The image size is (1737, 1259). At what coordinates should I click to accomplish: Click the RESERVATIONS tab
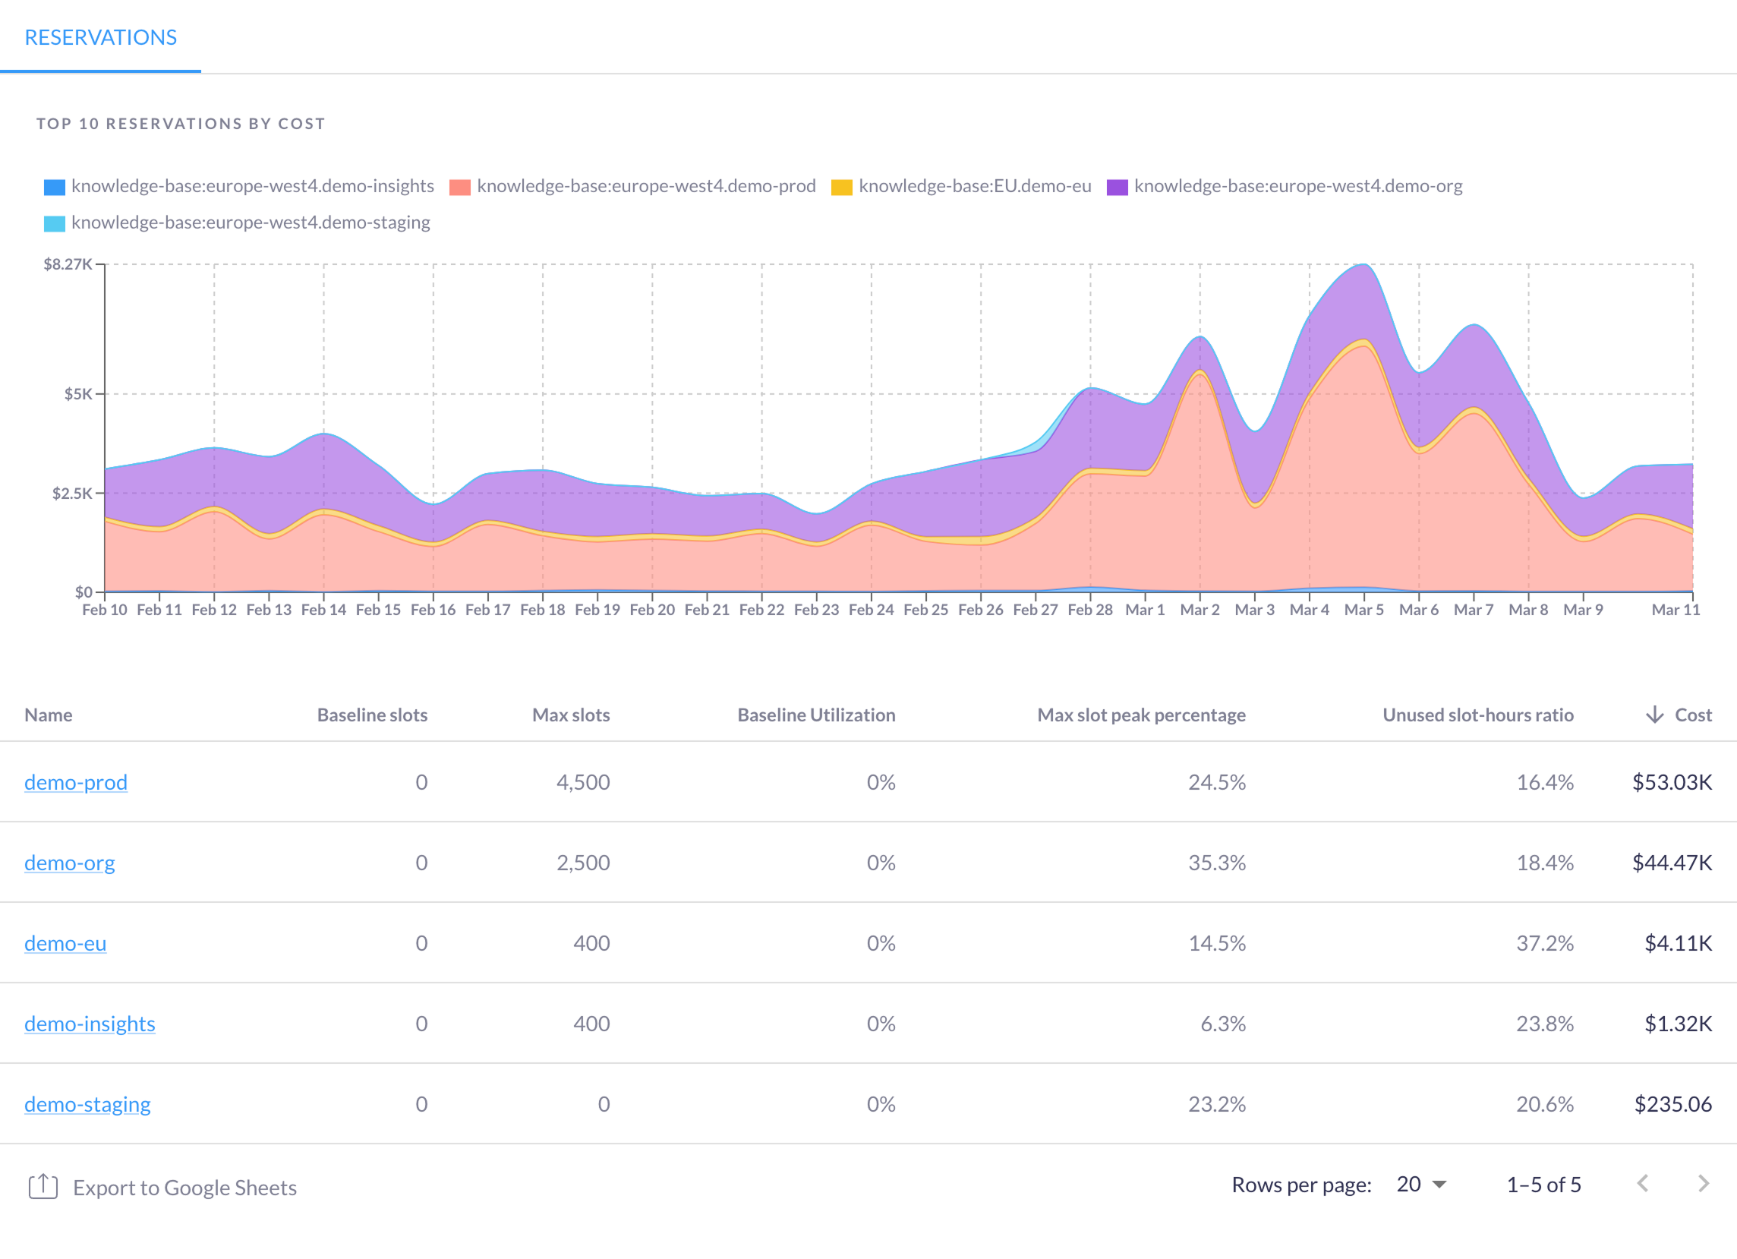[x=100, y=37]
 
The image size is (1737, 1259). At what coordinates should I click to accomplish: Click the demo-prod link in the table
[x=76, y=782]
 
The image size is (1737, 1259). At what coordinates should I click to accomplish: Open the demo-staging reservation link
[x=87, y=1103]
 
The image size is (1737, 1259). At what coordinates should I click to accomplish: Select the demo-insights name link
[x=90, y=1023]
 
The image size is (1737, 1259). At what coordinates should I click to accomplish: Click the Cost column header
[x=1691, y=715]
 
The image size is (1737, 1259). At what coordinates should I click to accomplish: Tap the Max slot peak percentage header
[x=1140, y=715]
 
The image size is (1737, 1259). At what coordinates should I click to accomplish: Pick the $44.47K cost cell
[x=1671, y=863]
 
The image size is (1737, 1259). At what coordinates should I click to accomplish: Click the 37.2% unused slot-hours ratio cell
[x=1544, y=942]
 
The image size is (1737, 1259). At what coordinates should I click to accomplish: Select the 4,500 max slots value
[x=583, y=782]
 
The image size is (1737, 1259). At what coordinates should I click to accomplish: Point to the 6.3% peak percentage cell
[x=1222, y=1023]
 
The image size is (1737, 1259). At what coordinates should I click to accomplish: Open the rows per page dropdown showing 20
[x=1420, y=1184]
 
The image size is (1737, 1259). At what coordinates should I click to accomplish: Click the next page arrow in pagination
[x=1703, y=1184]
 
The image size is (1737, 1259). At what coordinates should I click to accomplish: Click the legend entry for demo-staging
[x=250, y=222]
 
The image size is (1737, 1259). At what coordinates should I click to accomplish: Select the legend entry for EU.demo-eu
[x=974, y=186]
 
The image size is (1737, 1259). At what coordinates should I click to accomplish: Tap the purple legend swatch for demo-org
[x=1117, y=187]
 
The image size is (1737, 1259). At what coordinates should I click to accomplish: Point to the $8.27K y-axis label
[x=68, y=264]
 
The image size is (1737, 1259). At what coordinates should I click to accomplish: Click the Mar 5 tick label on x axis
[x=1363, y=610]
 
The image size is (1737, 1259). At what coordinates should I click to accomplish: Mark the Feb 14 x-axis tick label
[x=323, y=610]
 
